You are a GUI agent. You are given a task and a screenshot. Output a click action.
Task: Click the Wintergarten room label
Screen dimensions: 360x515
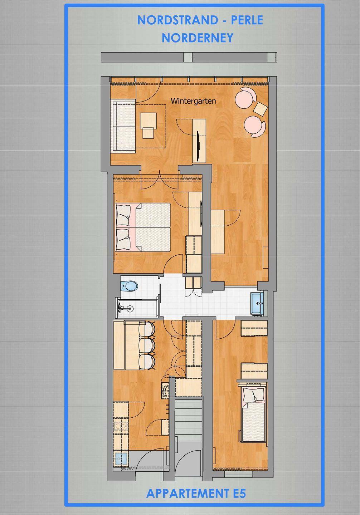tap(193, 101)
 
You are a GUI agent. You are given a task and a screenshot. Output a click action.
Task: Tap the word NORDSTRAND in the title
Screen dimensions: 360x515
tap(177, 20)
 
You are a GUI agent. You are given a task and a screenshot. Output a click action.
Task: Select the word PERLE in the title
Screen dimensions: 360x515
tap(247, 20)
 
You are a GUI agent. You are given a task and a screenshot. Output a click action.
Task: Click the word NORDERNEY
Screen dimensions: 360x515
tap(198, 38)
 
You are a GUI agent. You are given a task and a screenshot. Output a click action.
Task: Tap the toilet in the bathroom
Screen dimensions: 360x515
tap(129, 286)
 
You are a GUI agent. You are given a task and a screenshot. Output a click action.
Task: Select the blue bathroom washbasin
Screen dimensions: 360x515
tap(257, 303)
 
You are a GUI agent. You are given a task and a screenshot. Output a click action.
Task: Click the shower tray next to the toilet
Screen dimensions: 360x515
tap(137, 308)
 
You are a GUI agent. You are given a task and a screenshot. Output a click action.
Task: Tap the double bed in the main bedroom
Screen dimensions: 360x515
tap(143, 227)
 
